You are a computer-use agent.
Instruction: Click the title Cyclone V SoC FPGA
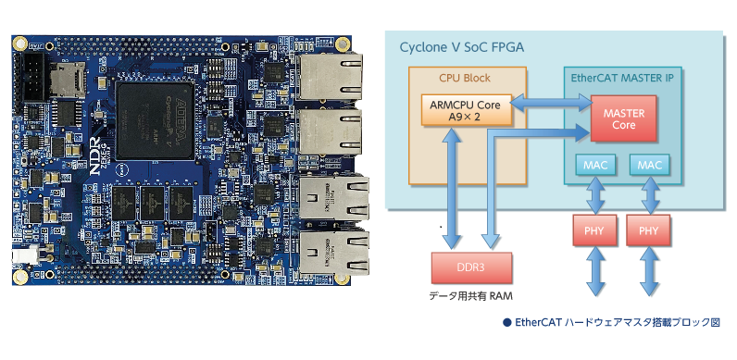(x=462, y=47)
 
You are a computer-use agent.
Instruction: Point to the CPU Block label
(x=465, y=78)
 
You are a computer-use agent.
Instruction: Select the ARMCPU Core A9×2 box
(x=465, y=110)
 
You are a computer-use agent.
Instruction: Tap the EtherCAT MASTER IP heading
(x=622, y=78)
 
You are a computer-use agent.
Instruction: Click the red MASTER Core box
(x=623, y=118)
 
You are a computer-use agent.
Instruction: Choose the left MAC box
(x=595, y=166)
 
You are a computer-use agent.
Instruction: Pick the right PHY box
(x=649, y=230)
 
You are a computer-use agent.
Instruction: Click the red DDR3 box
(x=471, y=267)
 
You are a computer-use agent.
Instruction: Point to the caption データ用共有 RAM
(x=471, y=296)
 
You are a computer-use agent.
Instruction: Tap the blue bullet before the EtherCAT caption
(x=506, y=323)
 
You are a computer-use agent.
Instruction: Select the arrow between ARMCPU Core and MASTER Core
(x=550, y=103)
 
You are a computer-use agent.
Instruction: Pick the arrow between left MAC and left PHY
(x=596, y=195)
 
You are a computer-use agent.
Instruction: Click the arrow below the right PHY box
(x=650, y=271)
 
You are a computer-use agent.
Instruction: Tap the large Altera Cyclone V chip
(x=156, y=121)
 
